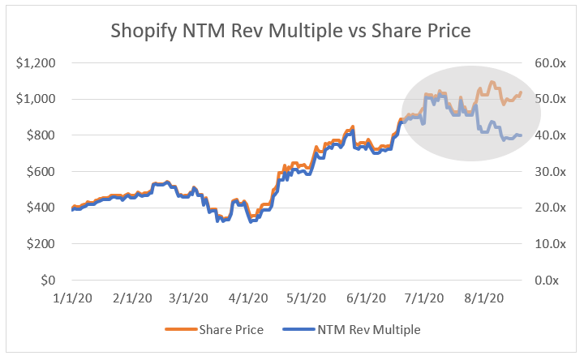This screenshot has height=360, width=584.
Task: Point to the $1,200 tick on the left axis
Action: pyautogui.click(x=41, y=62)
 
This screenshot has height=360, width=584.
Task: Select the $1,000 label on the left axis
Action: pyautogui.click(x=41, y=99)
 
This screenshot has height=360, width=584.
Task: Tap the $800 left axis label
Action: pyautogui.click(x=45, y=135)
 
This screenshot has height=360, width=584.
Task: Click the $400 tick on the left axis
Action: pyautogui.click(x=45, y=208)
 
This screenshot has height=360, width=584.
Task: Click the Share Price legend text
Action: pyautogui.click(x=243, y=330)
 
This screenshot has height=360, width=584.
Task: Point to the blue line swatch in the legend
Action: pyautogui.click(x=298, y=330)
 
